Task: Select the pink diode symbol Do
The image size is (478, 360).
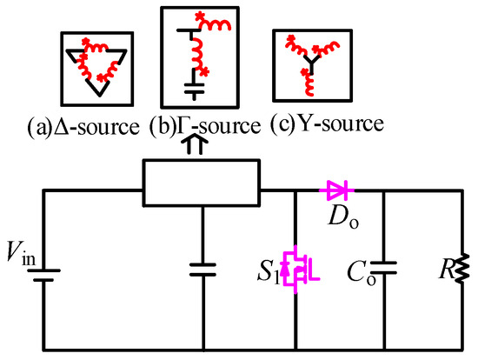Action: pos(336,187)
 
